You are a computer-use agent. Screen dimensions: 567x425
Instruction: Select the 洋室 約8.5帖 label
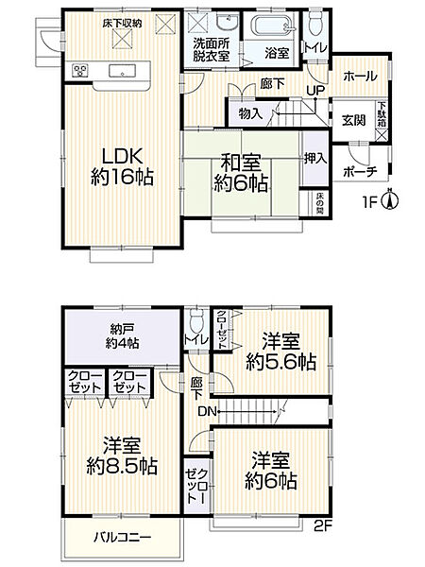tap(118, 454)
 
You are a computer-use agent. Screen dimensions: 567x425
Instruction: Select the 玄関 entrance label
tap(353, 120)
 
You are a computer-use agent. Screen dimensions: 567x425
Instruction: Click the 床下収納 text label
tap(122, 23)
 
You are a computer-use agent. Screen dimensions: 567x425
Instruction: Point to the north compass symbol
tap(395, 200)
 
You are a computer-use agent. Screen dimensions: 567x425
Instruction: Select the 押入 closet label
tap(314, 160)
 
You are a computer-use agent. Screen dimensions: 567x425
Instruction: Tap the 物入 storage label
tap(251, 112)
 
